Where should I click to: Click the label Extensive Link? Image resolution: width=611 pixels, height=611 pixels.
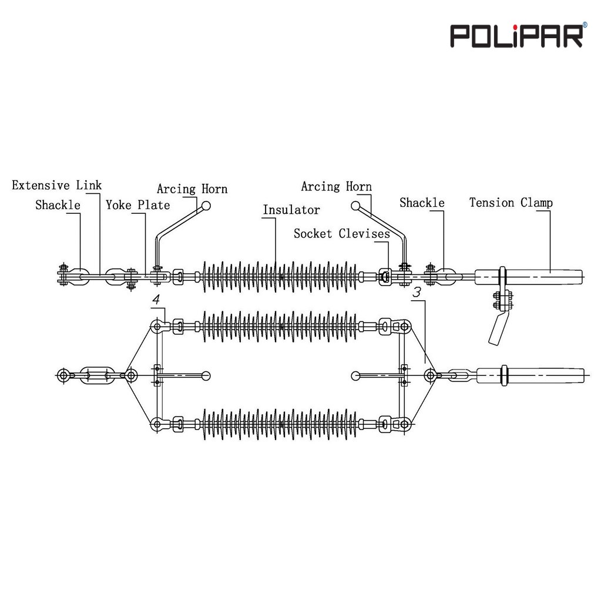(57, 186)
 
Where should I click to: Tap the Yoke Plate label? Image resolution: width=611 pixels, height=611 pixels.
(137, 204)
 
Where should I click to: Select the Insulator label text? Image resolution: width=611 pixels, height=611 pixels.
(291, 210)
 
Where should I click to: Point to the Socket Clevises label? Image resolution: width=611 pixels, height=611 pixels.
(341, 234)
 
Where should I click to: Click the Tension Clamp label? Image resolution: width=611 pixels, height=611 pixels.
(511, 203)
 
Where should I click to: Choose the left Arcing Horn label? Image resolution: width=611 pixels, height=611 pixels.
(192, 189)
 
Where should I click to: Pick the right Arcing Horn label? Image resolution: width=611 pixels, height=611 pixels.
(336, 187)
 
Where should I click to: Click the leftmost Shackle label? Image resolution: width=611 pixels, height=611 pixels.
(58, 204)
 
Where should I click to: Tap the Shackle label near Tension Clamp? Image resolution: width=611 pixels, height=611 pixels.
(422, 203)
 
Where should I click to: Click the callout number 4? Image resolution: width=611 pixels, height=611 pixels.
(156, 299)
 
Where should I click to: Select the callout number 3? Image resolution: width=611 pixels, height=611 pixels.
(417, 292)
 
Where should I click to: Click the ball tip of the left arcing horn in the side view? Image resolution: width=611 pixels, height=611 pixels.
(205, 206)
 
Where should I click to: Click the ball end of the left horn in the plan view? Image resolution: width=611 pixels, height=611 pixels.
(205, 375)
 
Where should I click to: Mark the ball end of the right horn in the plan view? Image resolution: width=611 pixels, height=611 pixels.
(356, 375)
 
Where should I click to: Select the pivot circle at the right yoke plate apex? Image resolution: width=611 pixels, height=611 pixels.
(431, 374)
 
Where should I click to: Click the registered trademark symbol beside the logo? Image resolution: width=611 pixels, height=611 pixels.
(584, 25)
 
